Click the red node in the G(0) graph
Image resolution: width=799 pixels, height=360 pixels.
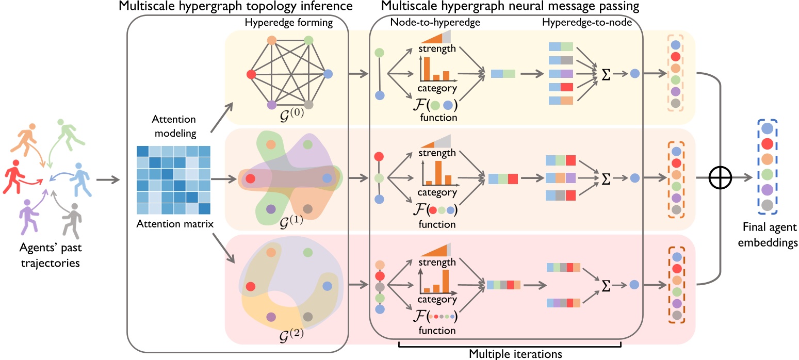(x=251, y=74)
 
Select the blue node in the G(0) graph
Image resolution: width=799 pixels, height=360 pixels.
(x=327, y=74)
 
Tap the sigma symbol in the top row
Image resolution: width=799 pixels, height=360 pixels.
(x=606, y=75)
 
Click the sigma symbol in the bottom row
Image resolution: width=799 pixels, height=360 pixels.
(x=606, y=285)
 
